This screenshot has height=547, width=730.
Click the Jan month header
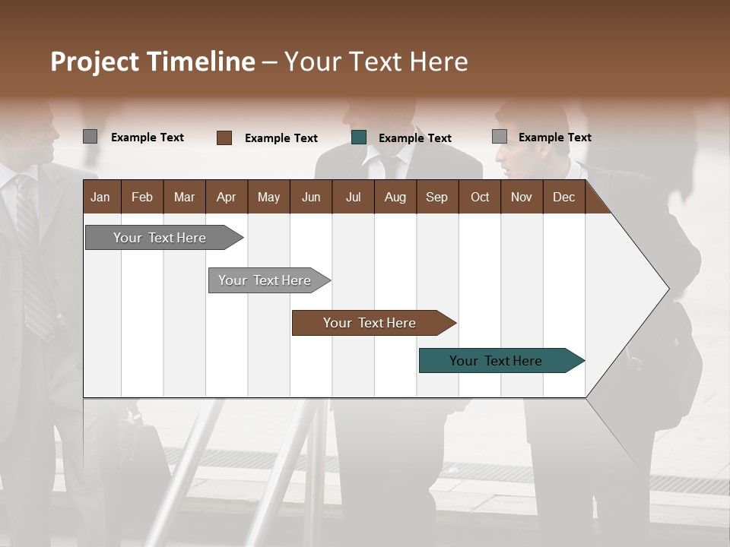coord(100,197)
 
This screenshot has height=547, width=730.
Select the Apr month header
coord(226,197)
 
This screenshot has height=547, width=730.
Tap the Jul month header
coord(353,197)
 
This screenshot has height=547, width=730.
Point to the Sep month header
coord(436,197)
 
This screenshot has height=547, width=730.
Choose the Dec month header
coord(563,197)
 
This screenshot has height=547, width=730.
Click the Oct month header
coord(479,197)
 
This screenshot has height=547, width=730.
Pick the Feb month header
coord(142,197)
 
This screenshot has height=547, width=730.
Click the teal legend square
coord(359,138)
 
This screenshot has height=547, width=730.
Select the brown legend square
coord(224,138)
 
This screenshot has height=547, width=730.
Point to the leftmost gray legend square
coord(90,137)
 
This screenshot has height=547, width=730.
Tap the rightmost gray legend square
coord(500,137)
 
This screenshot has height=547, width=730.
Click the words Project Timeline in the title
coord(152,62)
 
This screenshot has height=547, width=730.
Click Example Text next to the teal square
coord(415,138)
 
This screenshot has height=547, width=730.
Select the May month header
coord(268,197)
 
